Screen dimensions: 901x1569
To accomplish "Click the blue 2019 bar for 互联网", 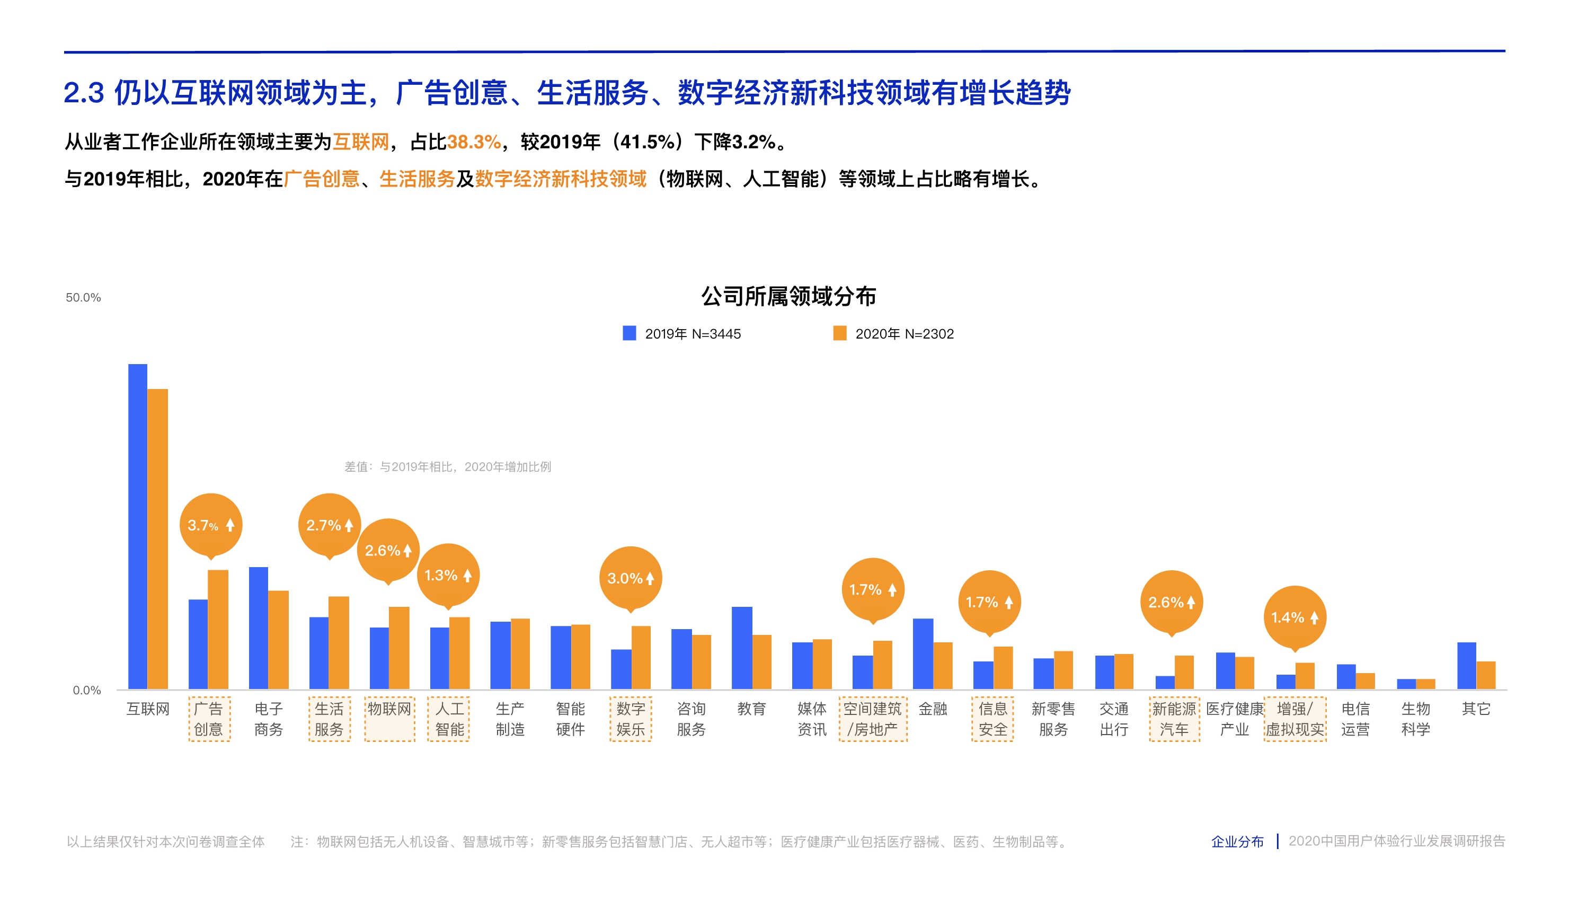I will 137,526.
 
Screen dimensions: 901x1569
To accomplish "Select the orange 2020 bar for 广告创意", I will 218,629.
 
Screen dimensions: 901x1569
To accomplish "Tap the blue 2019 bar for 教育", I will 742,647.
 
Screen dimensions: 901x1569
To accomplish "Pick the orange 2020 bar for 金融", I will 943,665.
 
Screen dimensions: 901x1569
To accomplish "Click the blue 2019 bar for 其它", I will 1466,665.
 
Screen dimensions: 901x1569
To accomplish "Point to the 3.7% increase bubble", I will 210,525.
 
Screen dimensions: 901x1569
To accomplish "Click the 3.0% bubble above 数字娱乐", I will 631,578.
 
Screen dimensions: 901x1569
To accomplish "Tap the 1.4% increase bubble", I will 1295,617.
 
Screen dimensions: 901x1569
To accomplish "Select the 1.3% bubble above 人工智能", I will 448,575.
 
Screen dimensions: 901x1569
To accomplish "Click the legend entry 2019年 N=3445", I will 682,333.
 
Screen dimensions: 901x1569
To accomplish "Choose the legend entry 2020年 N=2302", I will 894,333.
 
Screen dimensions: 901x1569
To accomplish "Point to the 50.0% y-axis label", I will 84,298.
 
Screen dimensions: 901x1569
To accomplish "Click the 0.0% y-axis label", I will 86,690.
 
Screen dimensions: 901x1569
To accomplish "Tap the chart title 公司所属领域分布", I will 788,296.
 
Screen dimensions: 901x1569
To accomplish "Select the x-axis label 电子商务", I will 269,719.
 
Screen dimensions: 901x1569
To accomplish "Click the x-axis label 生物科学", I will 1415,719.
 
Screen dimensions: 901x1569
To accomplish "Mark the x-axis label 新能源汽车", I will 1174,719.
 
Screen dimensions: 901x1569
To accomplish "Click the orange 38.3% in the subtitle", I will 473,143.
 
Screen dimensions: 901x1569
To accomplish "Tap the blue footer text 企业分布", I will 1237,842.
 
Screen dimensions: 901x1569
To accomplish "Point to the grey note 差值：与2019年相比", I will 447,466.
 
